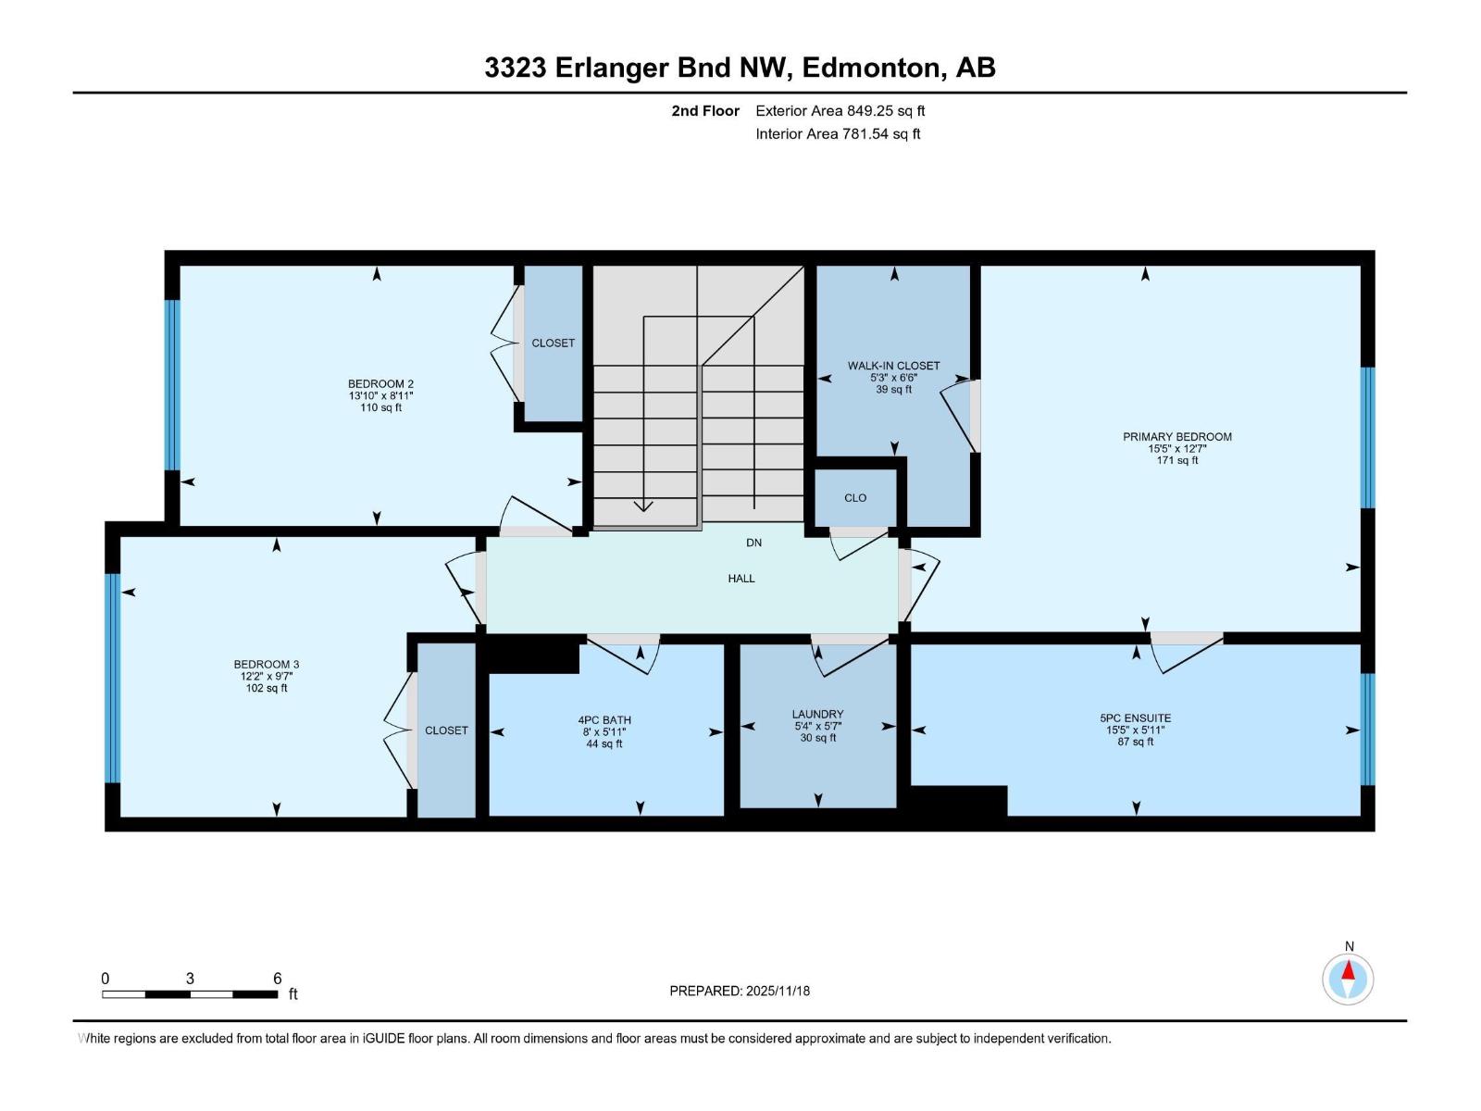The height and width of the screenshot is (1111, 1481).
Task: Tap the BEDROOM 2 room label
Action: (380, 384)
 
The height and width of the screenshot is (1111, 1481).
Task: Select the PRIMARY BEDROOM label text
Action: (1176, 437)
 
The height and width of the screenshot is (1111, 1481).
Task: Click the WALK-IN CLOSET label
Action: (893, 366)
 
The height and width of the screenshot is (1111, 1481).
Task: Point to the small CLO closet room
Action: (855, 498)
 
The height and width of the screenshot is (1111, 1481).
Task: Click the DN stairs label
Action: (753, 543)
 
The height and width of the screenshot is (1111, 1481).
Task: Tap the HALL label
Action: (740, 579)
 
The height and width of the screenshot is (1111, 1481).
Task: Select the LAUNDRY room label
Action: (817, 715)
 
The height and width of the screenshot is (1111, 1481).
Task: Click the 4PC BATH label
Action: (604, 720)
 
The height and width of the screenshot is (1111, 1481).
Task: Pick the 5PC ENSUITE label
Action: (1135, 718)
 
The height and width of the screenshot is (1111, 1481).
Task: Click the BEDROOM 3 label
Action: (267, 665)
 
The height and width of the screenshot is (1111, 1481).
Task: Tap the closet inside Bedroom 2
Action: (554, 343)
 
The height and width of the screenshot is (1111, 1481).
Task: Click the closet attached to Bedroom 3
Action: (446, 730)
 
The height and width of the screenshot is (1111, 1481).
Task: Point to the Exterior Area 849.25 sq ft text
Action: (840, 111)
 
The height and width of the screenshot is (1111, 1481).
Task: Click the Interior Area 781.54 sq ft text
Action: (838, 134)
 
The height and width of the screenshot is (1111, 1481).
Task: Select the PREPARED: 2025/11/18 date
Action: (740, 991)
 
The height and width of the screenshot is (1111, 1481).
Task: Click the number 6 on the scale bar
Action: (277, 979)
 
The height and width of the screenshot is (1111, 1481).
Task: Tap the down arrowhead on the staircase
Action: (643, 506)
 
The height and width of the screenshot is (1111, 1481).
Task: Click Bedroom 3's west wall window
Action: (113, 678)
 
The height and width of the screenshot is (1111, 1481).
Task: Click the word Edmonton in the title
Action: (871, 68)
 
